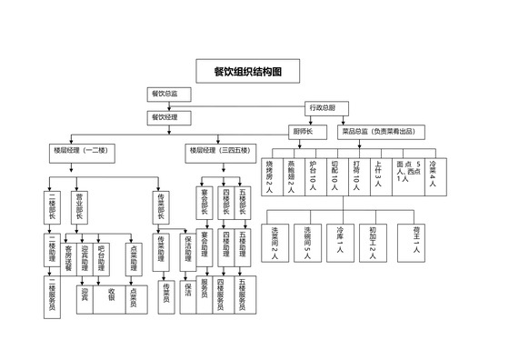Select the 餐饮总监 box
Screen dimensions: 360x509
tap(165, 94)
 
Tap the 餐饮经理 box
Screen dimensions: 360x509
tap(165, 117)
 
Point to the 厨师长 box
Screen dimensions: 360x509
tap(303, 132)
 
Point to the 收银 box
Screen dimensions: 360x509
tap(110, 295)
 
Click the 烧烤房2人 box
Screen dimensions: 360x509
tap(270, 176)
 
